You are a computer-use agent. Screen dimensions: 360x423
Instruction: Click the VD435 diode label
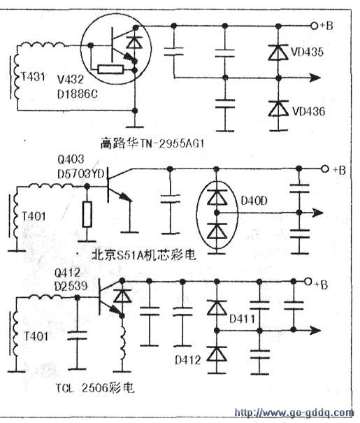click(x=308, y=52)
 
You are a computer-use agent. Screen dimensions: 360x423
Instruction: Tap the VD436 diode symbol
click(x=278, y=108)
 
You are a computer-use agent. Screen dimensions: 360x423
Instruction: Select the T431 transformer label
click(x=33, y=77)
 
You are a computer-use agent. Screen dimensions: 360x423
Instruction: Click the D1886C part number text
click(x=78, y=94)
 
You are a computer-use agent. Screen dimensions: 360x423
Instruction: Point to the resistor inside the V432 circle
click(x=111, y=70)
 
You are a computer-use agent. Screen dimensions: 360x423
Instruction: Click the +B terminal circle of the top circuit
click(x=315, y=26)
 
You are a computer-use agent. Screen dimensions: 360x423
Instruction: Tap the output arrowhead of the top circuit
click(x=315, y=78)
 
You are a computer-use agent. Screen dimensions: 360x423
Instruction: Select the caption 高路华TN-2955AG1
click(x=152, y=143)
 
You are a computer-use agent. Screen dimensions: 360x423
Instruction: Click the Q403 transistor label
click(x=71, y=159)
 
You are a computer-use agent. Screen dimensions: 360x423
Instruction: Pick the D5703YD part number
click(x=81, y=174)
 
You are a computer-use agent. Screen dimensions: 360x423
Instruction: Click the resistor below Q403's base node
click(x=87, y=214)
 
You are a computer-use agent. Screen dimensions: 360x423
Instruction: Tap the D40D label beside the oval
click(x=254, y=201)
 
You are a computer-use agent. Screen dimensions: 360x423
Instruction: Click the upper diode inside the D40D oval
click(x=217, y=197)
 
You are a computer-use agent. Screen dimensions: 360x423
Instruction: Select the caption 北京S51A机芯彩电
click(x=144, y=255)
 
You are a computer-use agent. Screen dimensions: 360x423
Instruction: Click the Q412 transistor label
click(x=67, y=273)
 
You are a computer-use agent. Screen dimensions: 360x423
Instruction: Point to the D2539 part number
click(x=71, y=286)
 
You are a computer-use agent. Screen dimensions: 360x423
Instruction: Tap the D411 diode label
click(x=242, y=319)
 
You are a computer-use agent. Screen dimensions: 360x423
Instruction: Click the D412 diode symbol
click(x=217, y=354)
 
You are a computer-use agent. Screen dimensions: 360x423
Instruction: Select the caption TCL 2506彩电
click(x=94, y=388)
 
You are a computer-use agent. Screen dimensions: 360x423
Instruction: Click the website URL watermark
click(x=294, y=413)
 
